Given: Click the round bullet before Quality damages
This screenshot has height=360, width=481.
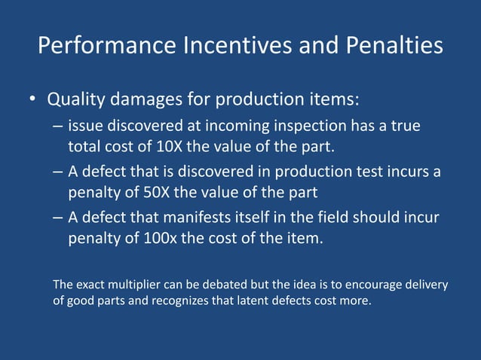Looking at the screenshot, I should (x=32, y=100).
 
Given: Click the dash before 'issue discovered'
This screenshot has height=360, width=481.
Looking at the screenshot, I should (x=58, y=127).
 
